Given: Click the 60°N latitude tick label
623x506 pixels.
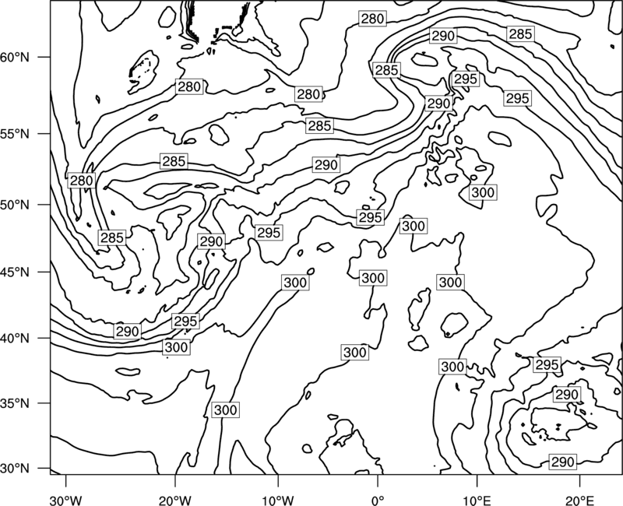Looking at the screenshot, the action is (15, 58).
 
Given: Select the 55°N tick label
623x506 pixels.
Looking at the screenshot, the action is (15, 134).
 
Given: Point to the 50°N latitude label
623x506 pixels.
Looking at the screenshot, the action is (15, 206).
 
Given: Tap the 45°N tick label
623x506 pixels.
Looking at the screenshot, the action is (15, 272).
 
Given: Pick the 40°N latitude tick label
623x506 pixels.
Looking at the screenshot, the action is (15, 339).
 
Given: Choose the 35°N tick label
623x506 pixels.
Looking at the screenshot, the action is (15, 403).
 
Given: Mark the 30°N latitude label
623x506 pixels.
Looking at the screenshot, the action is (15, 469).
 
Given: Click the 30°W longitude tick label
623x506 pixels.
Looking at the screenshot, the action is (65, 500).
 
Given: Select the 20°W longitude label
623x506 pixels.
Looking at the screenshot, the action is (175, 500).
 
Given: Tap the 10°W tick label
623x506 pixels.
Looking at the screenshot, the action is (278, 500).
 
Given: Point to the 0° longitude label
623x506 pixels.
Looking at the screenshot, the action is (378, 500).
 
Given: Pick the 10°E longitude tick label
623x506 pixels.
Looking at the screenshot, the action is (477, 500).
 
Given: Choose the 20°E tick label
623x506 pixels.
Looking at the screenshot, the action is (579, 500).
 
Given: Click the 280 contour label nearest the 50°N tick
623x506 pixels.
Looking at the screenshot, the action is (82, 181).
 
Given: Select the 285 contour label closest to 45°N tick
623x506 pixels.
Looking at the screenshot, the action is (112, 238).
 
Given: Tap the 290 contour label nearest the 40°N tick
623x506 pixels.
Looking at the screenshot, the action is (127, 332).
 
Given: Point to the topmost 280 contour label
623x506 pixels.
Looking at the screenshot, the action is (372, 19).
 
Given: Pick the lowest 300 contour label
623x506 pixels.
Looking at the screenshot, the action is (225, 410).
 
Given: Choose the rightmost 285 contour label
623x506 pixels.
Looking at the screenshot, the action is (520, 34).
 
